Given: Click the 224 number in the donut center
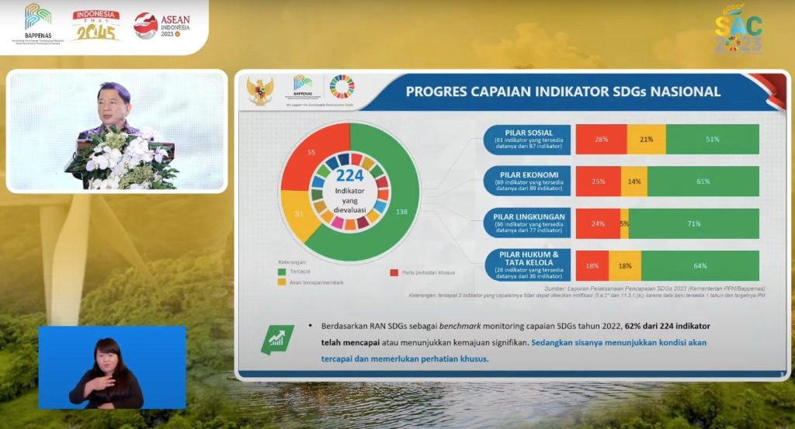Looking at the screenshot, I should [x=349, y=176].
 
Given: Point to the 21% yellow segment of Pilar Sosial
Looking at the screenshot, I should [x=646, y=139].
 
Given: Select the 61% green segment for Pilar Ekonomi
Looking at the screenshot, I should [x=703, y=182].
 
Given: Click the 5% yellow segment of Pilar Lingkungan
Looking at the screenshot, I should [x=625, y=223].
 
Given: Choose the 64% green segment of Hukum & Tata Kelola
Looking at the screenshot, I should [x=700, y=266].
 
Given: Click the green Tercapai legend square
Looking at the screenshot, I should [x=283, y=272].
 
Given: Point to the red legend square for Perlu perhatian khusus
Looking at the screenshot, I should [x=394, y=272].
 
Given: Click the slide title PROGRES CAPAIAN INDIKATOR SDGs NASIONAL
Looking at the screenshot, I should [x=563, y=92].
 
